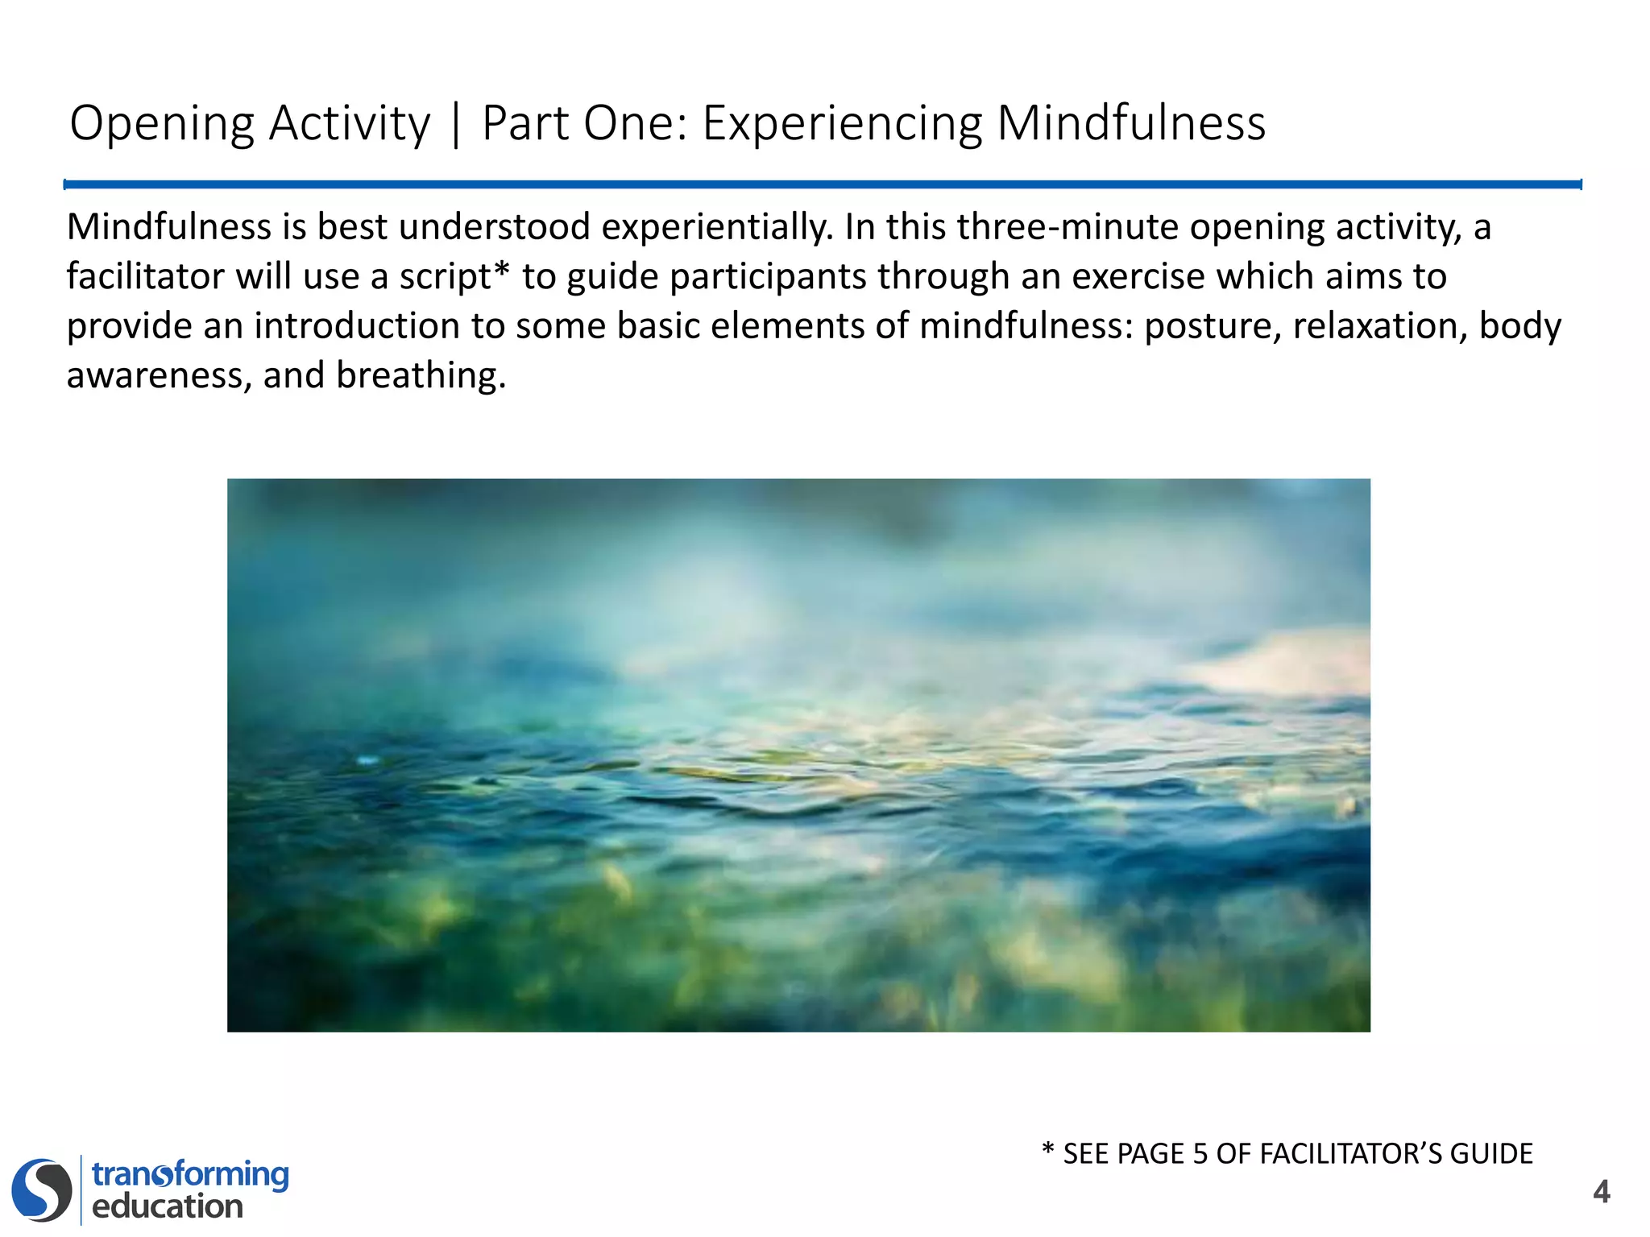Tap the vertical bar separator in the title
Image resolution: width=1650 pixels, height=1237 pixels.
(x=456, y=125)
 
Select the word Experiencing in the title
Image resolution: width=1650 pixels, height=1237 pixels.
(x=842, y=125)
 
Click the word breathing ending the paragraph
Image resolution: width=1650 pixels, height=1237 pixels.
(x=421, y=376)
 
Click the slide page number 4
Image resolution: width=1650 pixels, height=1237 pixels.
(x=1601, y=1191)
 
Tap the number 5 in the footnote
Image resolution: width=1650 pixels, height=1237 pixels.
(x=1200, y=1154)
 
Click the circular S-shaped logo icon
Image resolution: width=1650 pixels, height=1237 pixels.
(x=41, y=1189)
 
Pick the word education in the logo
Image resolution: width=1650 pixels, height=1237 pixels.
(x=168, y=1206)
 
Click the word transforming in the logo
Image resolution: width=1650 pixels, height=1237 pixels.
(x=190, y=1174)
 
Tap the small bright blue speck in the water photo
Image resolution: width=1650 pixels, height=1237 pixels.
(x=367, y=759)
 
